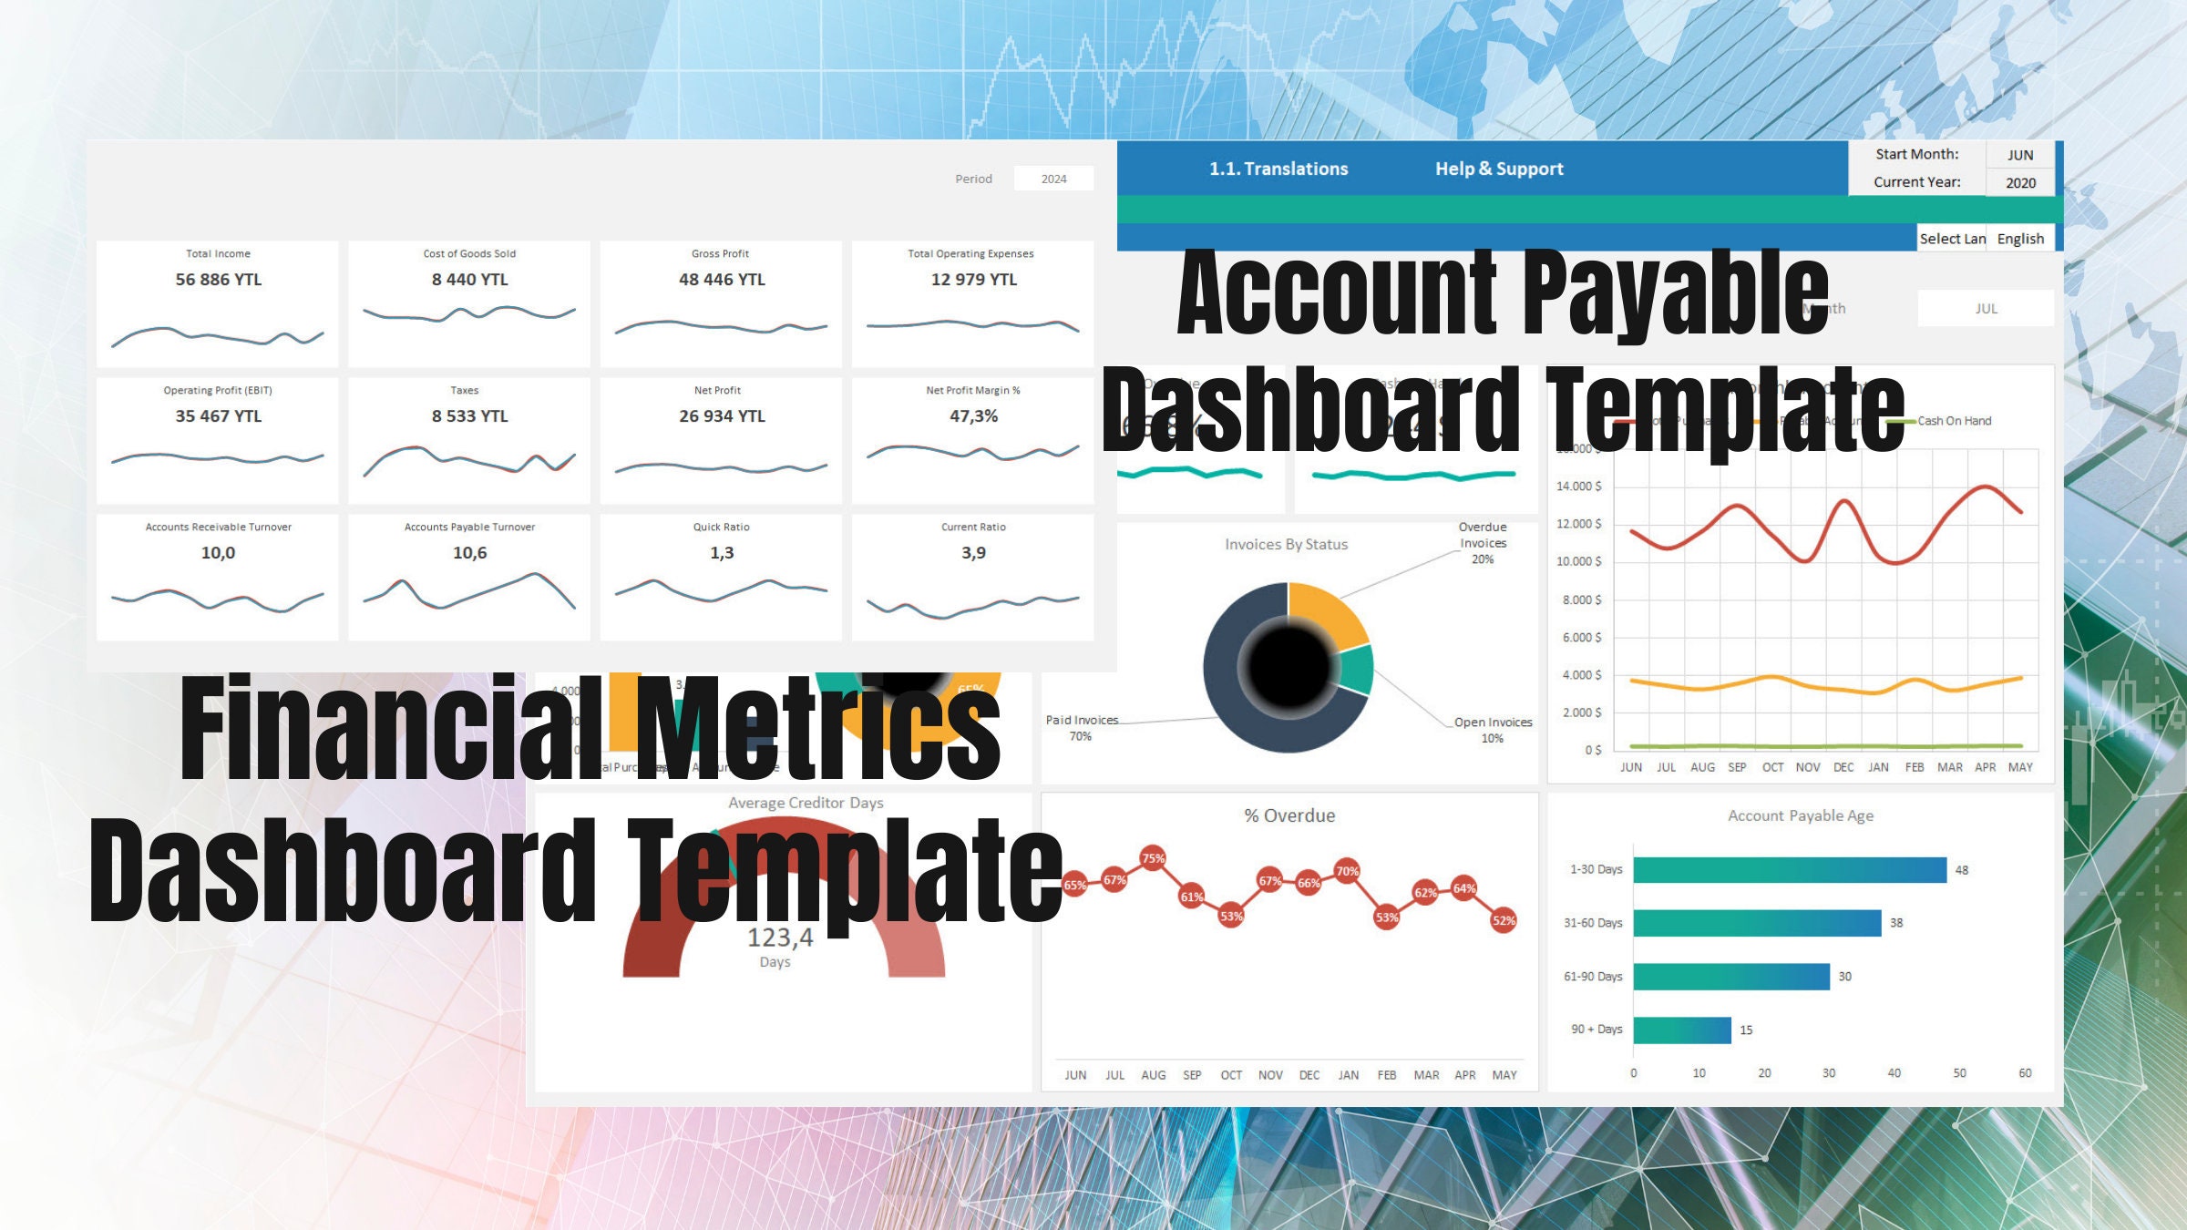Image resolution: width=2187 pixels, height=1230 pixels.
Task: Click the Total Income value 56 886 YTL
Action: (218, 280)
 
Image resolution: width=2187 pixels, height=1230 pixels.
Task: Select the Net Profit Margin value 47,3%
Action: (973, 416)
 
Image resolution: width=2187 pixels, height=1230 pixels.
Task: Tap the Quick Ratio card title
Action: (721, 527)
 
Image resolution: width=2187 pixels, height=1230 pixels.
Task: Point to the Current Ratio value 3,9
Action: (973, 553)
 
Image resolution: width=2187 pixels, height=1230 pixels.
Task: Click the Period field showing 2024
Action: (1053, 179)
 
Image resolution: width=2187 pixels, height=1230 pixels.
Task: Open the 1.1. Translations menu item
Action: (1278, 169)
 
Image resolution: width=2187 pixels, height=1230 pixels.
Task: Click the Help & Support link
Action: (1499, 169)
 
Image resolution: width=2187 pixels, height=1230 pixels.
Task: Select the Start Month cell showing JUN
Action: (2020, 155)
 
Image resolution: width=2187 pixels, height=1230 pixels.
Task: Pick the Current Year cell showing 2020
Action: (2020, 182)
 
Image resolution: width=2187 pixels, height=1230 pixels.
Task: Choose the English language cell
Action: (2020, 239)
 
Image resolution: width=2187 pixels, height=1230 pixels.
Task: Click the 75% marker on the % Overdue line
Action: (1153, 858)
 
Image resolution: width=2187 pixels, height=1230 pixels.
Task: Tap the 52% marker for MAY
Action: (1504, 920)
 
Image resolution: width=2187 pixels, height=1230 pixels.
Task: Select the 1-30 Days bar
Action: (1789, 870)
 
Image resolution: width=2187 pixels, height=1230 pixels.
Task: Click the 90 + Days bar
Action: (1681, 1030)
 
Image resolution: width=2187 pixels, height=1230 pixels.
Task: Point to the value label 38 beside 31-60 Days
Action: (1896, 923)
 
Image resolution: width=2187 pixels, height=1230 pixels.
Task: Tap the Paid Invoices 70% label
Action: (1082, 727)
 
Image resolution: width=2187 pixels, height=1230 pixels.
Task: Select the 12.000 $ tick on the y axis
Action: (1578, 524)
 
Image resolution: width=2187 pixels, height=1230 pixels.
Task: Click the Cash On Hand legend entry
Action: (1953, 421)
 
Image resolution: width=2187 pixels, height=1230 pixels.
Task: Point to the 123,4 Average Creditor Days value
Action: (779, 938)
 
